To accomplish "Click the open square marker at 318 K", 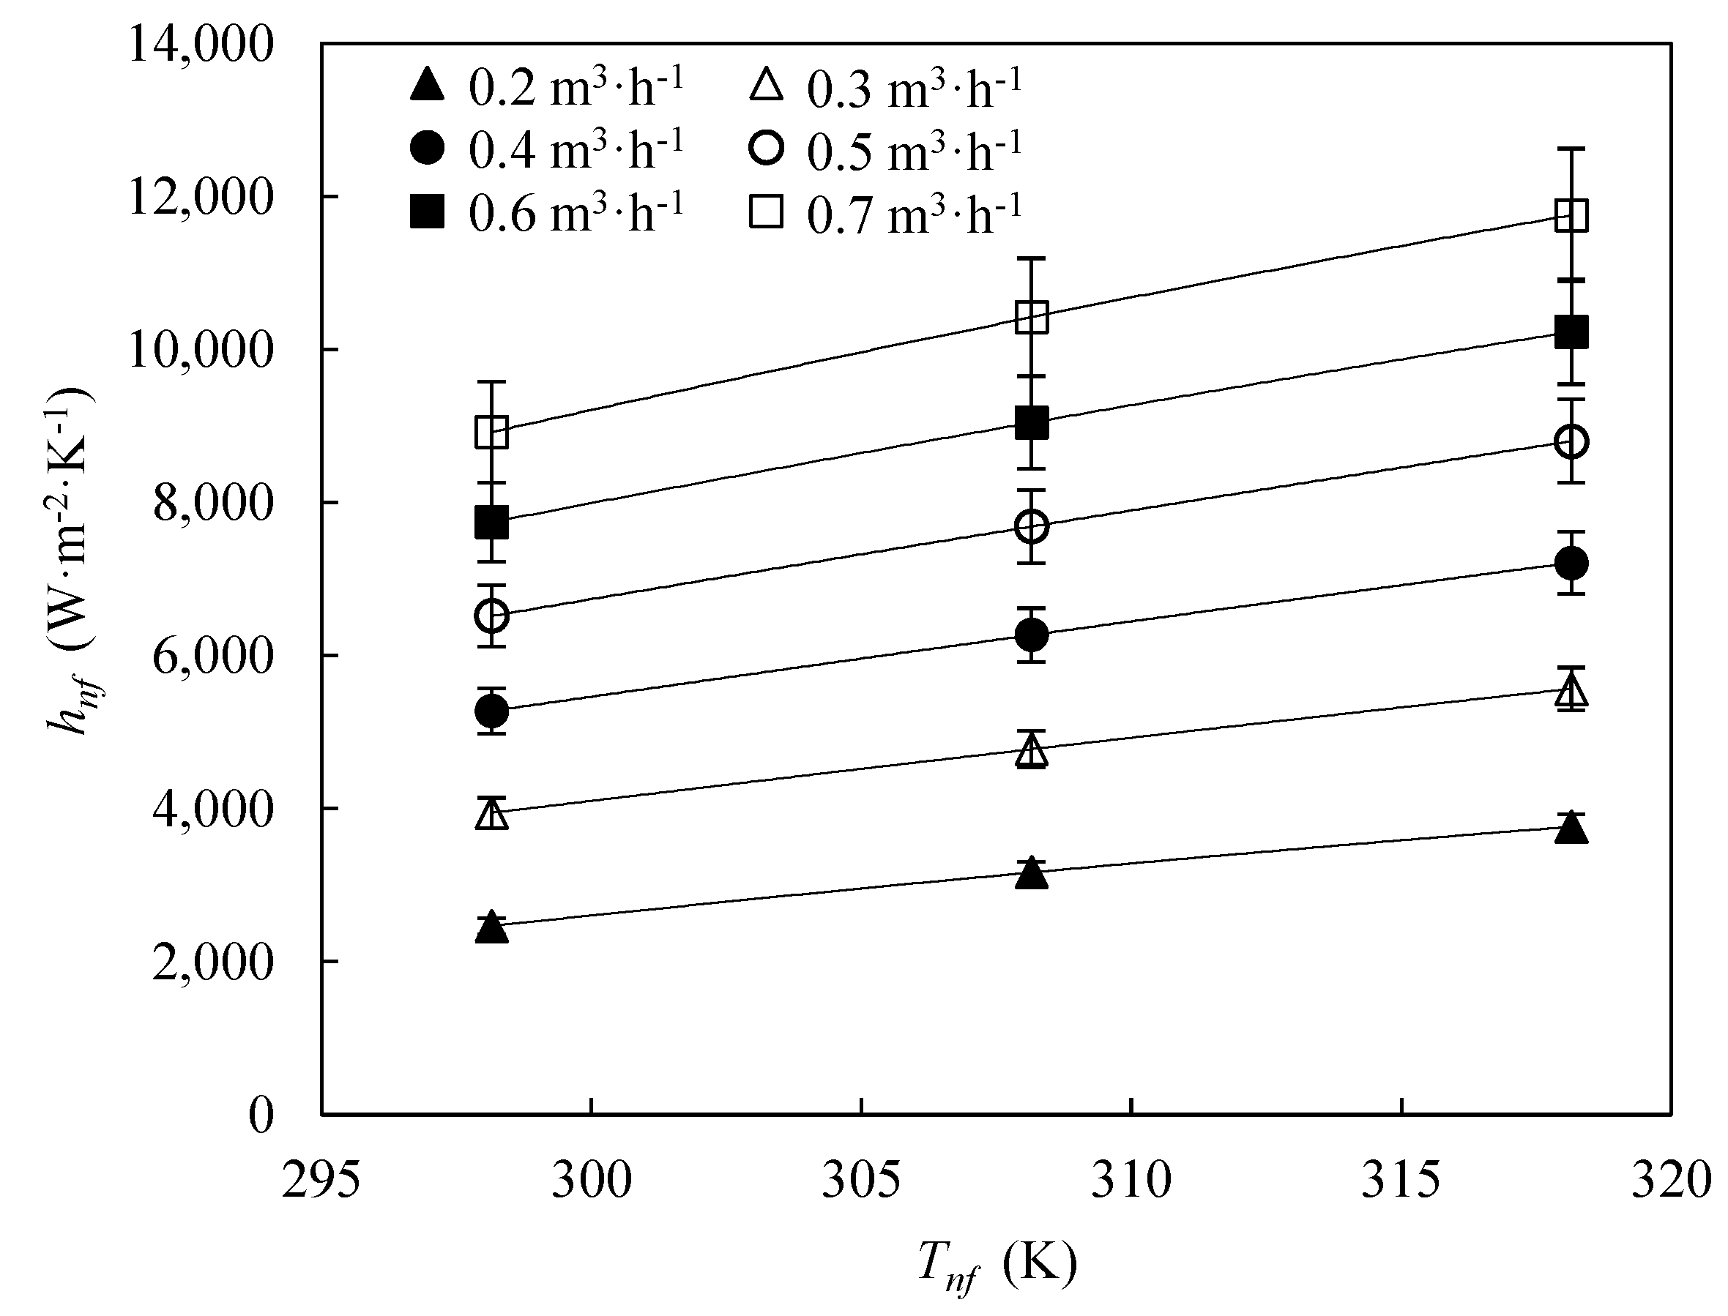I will [1571, 215].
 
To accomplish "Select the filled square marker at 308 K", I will [1032, 424].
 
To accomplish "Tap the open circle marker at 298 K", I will [491, 616].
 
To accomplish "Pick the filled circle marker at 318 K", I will [1571, 562].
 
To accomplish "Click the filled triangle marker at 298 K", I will [491, 928].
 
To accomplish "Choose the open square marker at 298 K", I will [491, 432].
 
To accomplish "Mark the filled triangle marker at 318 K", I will [1571, 829].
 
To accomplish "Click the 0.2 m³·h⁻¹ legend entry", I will [547, 86].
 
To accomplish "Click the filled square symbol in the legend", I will [427, 212].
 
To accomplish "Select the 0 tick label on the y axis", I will [261, 1114].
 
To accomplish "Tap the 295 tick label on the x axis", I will [321, 1181].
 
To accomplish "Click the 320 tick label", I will [1670, 1181].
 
